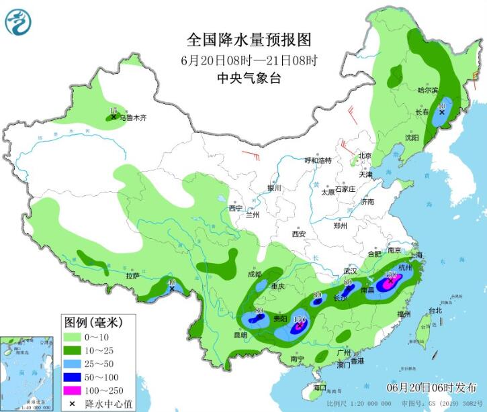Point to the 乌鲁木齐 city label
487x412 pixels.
pyautogui.click(x=130, y=116)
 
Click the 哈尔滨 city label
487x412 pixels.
pyautogui.click(x=427, y=90)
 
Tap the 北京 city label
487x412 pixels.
pyautogui.click(x=365, y=156)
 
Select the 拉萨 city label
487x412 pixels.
pyautogui.click(x=132, y=275)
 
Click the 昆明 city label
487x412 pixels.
pyautogui.click(x=240, y=335)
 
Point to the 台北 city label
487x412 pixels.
pyautogui.click(x=435, y=311)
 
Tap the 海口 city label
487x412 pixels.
pyautogui.click(x=320, y=388)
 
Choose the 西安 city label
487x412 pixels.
pyautogui.click(x=298, y=234)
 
